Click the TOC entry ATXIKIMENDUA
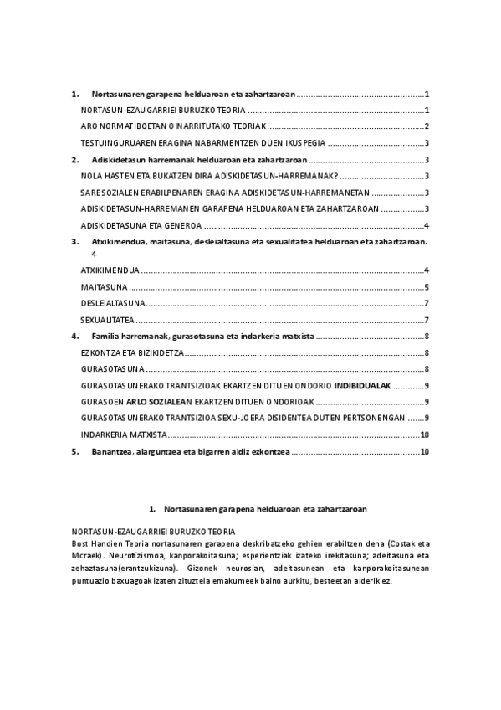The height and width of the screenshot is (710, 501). click(x=110, y=270)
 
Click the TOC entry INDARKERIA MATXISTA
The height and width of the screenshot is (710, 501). click(x=125, y=435)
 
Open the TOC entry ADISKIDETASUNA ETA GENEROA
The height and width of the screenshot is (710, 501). click(x=141, y=225)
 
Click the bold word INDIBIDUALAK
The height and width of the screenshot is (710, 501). click(x=363, y=385)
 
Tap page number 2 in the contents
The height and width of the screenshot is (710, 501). click(x=427, y=126)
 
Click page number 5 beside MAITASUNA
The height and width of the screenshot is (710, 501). click(x=427, y=287)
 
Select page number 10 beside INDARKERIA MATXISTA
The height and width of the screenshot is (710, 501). click(x=425, y=435)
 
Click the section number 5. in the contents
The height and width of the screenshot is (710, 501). click(x=75, y=451)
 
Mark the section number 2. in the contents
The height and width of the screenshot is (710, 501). click(x=75, y=159)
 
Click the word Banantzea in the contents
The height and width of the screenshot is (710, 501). click(x=112, y=451)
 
